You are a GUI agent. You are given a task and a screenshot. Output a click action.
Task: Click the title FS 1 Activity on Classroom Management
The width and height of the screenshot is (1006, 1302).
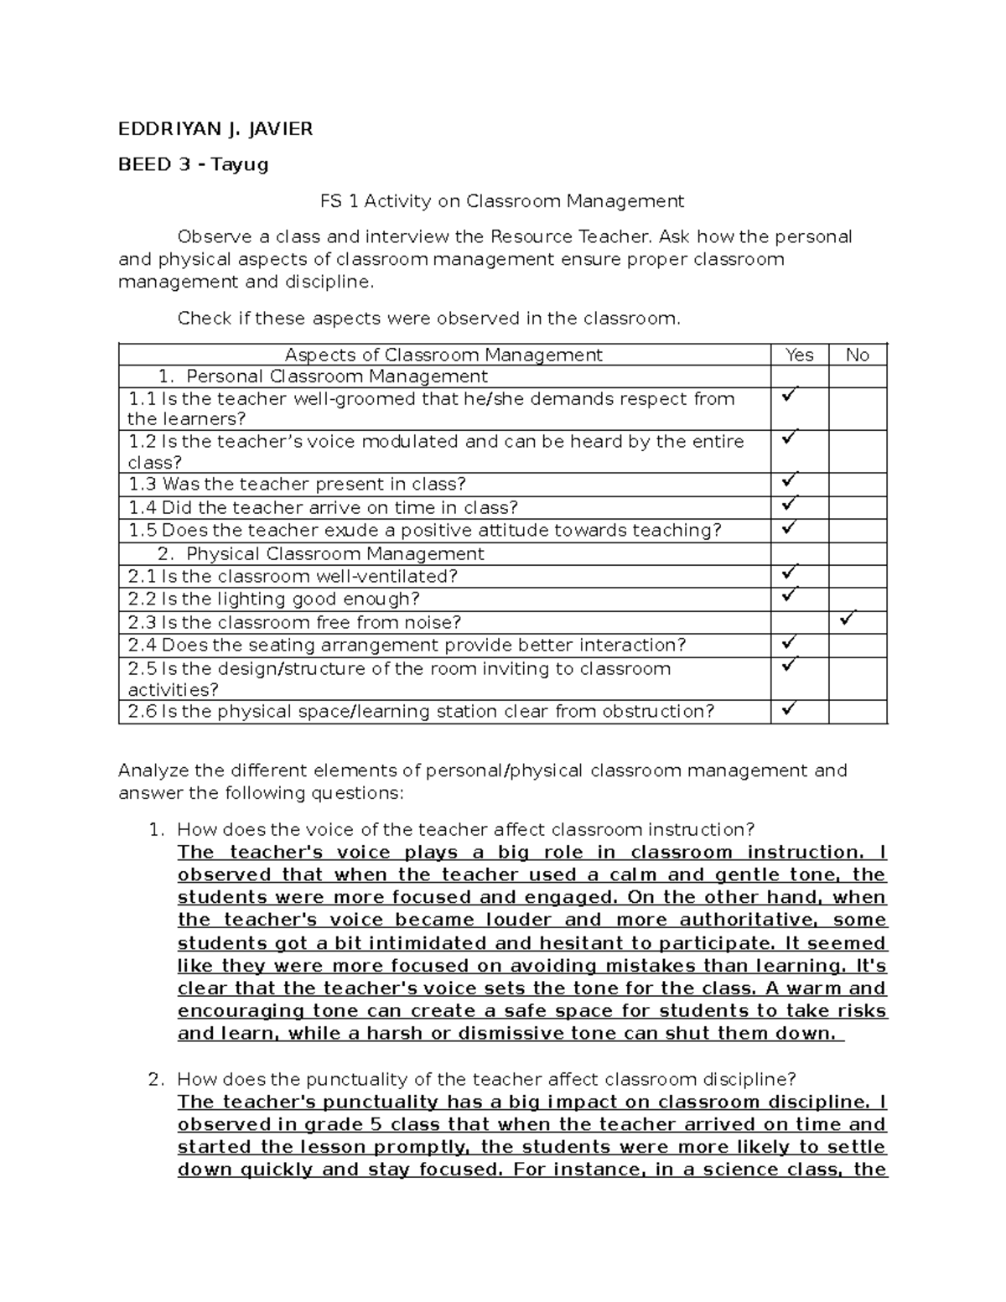click(x=502, y=201)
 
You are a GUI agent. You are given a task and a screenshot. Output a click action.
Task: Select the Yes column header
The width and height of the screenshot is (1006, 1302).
click(x=799, y=355)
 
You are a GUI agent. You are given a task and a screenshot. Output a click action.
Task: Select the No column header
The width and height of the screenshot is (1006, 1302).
click(x=857, y=355)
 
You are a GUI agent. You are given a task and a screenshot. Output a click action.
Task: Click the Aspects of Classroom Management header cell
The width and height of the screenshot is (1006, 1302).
click(x=443, y=355)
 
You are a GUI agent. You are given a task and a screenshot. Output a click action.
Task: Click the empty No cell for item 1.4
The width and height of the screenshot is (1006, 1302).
click(x=858, y=507)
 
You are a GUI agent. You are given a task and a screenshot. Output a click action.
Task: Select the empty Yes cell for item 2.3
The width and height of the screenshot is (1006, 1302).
click(x=799, y=622)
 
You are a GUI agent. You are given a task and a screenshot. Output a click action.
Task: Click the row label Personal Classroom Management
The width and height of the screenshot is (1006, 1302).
click(x=336, y=376)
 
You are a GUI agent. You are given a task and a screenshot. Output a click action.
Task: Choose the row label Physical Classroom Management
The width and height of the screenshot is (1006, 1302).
click(x=334, y=554)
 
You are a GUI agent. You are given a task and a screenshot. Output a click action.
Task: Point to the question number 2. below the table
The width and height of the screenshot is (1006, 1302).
click(x=155, y=1079)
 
